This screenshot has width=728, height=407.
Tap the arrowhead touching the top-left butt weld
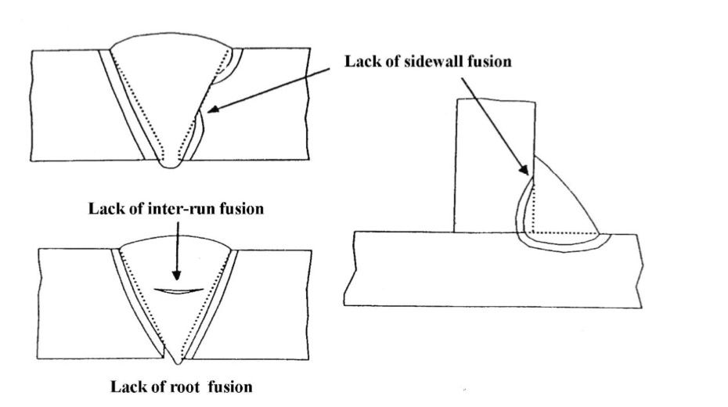(x=211, y=112)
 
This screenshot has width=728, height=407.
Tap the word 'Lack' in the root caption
(x=126, y=386)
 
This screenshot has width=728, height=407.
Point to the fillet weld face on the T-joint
(x=568, y=192)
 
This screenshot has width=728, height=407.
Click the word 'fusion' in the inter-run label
(x=245, y=209)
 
